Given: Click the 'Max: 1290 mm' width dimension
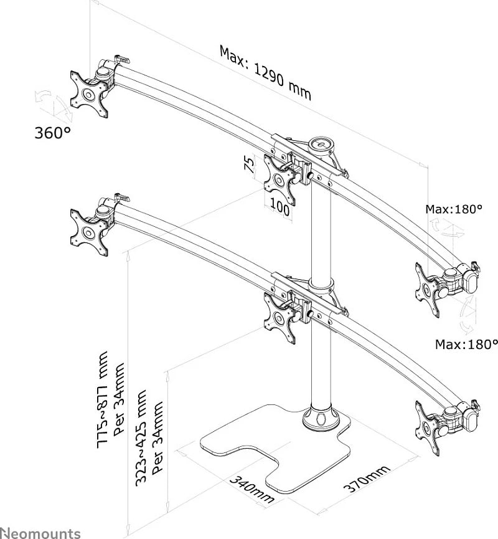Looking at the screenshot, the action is point(265,74).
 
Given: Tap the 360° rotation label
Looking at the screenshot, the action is point(52,133).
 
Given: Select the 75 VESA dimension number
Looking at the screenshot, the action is point(250,165).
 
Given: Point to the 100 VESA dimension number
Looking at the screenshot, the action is point(280,207).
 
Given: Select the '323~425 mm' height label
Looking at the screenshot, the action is point(141,437).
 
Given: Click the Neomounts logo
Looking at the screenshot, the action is point(40,533).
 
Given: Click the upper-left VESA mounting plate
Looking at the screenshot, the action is point(88,94).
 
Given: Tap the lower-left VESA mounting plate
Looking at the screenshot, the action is point(88,232).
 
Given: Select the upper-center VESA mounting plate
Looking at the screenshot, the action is point(280,179).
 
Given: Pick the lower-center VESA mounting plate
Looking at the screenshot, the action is point(280,318).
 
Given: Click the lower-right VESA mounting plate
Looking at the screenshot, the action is point(427,429).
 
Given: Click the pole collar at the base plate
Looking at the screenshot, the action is point(321,418).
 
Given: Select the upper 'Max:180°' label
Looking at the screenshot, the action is point(454,209).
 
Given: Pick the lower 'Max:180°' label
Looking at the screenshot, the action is point(466,344).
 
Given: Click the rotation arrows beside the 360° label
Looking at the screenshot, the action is point(54,105).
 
